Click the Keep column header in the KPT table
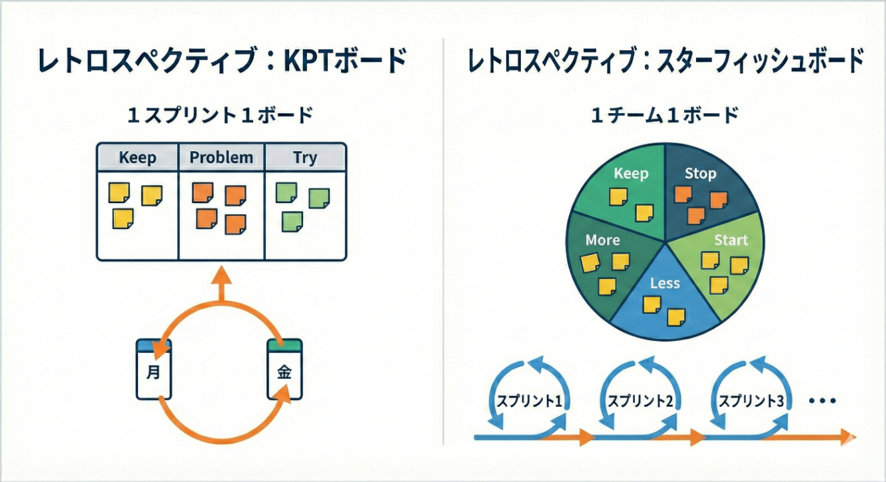[x=137, y=158]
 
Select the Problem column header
[x=221, y=158]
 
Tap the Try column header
[x=305, y=158]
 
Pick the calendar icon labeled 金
[x=284, y=370]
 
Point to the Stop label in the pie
[x=700, y=174]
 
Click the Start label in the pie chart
[x=731, y=240]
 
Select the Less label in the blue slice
[x=665, y=283]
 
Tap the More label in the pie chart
[x=602, y=240]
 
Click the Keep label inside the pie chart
[x=630, y=174]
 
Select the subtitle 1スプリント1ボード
[x=220, y=115]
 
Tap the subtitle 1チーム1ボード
[x=665, y=115]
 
